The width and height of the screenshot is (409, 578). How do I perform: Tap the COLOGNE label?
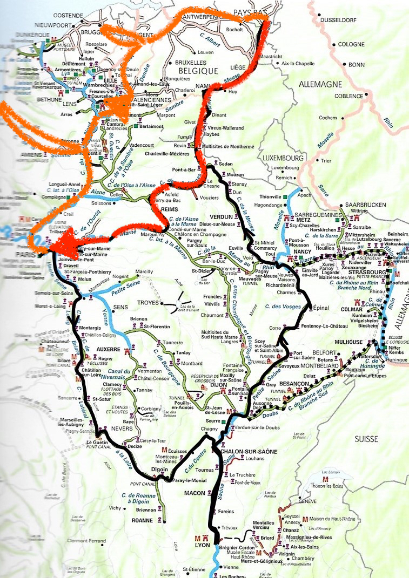(x=352, y=44)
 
